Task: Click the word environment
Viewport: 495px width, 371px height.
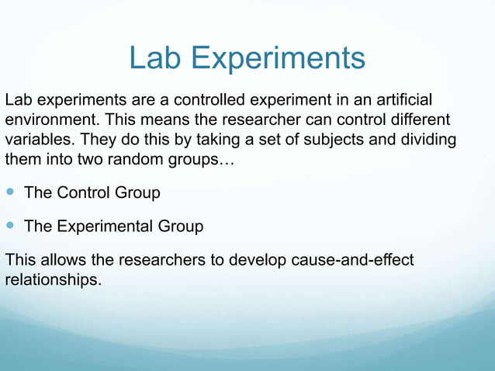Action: (50, 121)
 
